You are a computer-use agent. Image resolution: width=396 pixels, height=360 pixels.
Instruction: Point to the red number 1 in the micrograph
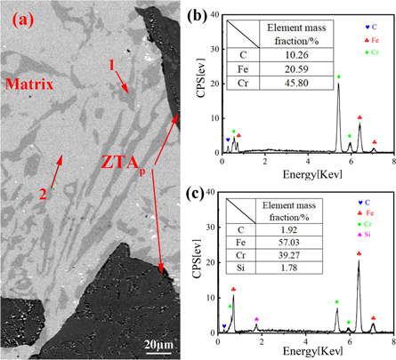110,66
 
